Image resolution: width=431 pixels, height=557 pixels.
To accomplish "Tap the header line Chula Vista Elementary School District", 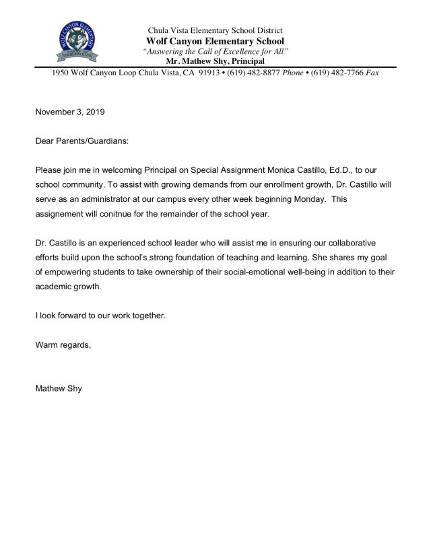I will pyautogui.click(x=215, y=30).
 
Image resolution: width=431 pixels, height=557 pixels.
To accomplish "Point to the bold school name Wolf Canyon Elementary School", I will pyautogui.click(x=215, y=41).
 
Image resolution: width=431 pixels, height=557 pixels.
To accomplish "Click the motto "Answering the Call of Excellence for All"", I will pyautogui.click(x=215, y=52).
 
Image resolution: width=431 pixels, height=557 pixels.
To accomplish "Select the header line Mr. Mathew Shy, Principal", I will pyautogui.click(x=215, y=61).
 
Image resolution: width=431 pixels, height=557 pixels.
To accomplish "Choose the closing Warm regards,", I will pyautogui.click(x=63, y=345).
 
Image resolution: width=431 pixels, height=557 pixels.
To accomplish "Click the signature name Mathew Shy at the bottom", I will pyautogui.click(x=59, y=389).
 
